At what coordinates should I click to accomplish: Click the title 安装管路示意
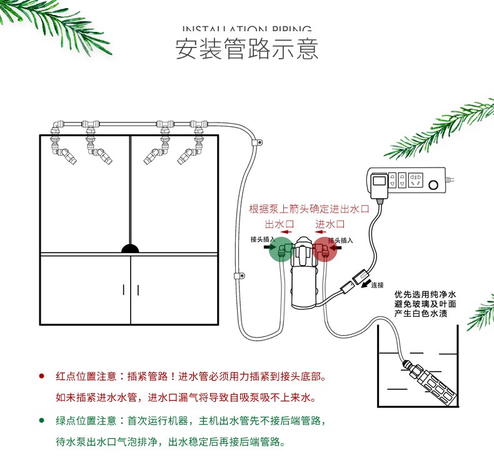[246, 49]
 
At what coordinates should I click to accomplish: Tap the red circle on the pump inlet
[325, 249]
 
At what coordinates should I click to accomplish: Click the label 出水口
[280, 224]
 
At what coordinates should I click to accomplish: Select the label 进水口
[330, 224]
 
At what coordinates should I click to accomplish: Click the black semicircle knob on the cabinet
[131, 249]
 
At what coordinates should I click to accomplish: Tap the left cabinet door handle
[124, 289]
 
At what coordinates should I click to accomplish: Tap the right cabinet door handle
[138, 289]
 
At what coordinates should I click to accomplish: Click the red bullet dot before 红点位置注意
[42, 376]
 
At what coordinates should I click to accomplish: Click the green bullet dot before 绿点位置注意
[42, 420]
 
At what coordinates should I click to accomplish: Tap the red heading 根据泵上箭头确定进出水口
[310, 209]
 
